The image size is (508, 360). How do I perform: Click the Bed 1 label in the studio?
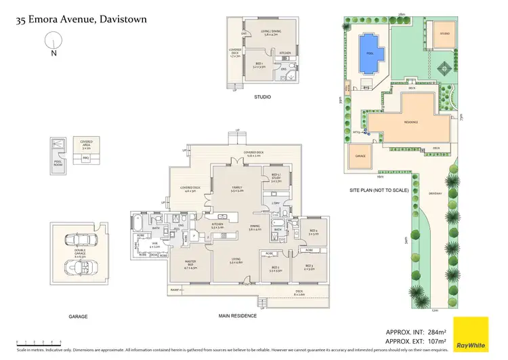261,65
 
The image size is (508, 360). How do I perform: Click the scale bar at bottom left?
39,342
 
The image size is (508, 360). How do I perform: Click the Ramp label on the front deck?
176,289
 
